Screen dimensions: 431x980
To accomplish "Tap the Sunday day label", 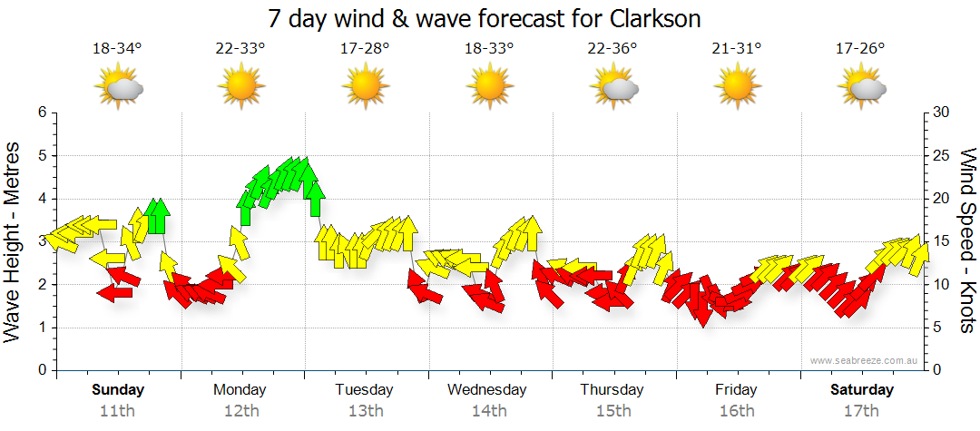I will pyautogui.click(x=119, y=390).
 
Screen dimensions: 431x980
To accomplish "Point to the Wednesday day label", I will pyautogui.click(x=486, y=390).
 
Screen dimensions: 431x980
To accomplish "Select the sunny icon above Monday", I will pyautogui.click(x=240, y=87).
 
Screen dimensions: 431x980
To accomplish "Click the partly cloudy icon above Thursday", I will pyautogui.click(x=613, y=87).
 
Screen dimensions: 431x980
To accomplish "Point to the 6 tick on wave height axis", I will pyautogui.click(x=41, y=113).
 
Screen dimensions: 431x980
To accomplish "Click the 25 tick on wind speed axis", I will pyautogui.click(x=942, y=156).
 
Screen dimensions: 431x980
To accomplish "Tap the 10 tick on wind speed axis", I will pyautogui.click(x=942, y=285).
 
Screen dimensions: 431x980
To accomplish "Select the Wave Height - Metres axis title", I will pyautogui.click(x=13, y=241).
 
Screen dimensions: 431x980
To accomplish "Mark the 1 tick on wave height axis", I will pyautogui.click(x=41, y=328).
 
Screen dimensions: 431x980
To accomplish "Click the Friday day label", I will pyautogui.click(x=736, y=390).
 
